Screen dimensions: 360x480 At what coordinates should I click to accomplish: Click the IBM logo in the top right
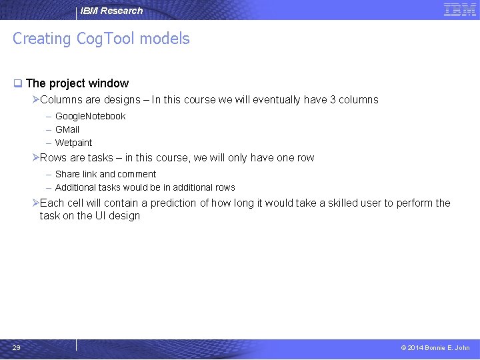(459, 10)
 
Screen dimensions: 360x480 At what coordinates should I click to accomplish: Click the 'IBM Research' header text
(111, 11)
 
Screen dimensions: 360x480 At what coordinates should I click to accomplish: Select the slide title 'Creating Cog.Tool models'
(101, 39)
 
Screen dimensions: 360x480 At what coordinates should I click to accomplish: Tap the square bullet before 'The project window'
(18, 84)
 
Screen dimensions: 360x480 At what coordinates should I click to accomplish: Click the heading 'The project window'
(77, 83)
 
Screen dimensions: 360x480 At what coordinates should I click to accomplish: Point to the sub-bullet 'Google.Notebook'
(90, 116)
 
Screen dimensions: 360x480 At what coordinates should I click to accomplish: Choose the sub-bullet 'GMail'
(67, 129)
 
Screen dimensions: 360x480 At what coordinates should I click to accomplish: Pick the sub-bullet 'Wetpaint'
(73, 143)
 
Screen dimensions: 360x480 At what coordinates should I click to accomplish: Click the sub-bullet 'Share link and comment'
(105, 174)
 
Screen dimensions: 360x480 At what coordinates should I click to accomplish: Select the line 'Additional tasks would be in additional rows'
(145, 187)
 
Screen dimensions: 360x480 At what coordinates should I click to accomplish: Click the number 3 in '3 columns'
(333, 100)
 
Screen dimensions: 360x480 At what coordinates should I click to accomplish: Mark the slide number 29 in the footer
(17, 347)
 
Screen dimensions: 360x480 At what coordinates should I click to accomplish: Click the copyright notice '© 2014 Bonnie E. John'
(435, 347)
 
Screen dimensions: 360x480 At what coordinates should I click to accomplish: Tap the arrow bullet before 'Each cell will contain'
(35, 203)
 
